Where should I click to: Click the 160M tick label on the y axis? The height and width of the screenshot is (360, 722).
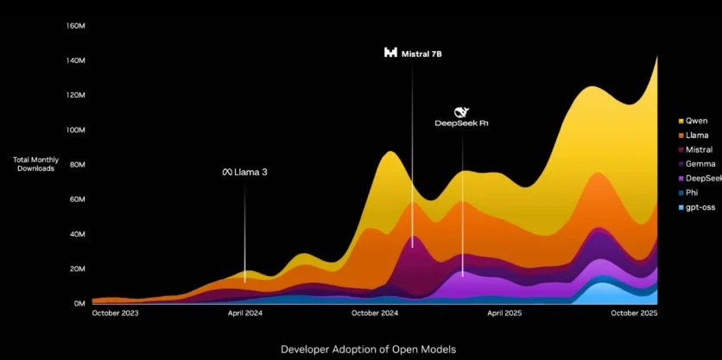75,26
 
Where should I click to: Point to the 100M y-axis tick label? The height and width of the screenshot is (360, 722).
75,130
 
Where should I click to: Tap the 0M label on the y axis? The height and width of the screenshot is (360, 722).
79,304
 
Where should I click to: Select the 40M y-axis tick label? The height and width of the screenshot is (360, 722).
77,234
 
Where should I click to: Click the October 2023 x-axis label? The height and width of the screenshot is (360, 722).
117,314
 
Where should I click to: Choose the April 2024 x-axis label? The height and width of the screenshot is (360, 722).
244,314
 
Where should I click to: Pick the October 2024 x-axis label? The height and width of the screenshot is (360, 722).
375,314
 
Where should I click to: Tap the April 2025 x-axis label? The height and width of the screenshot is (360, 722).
505,314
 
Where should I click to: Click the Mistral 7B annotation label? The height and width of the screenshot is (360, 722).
421,54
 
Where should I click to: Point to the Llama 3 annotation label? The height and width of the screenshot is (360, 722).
251,173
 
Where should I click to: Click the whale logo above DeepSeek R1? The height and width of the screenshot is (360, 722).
462,111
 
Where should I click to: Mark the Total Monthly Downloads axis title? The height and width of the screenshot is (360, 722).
35,164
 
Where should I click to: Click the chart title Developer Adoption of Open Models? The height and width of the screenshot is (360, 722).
361,349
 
